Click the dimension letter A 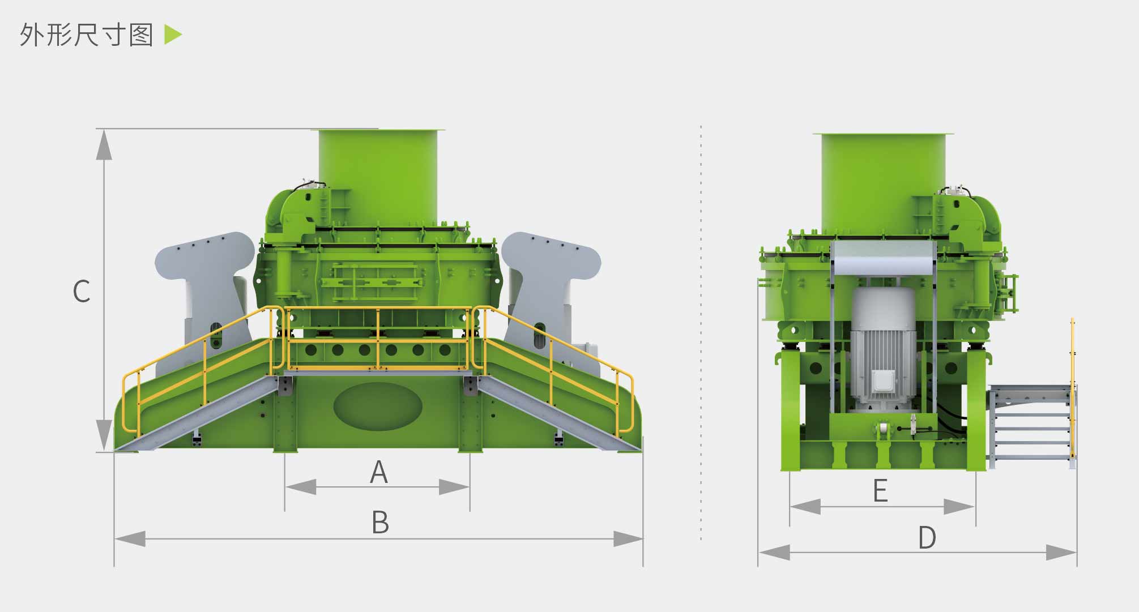379,472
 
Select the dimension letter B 380,522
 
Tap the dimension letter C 82,291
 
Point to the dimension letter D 927,537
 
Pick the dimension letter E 880,490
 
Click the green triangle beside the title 173,35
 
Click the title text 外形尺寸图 87,35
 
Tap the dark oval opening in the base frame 378,406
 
